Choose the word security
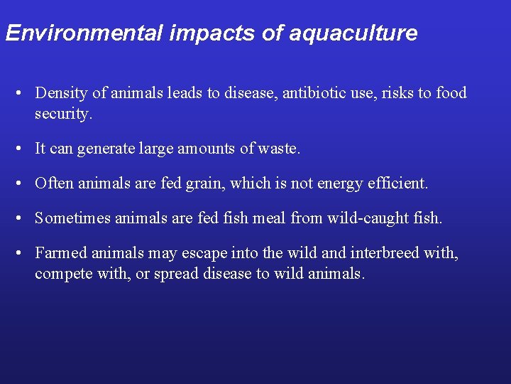click(x=63, y=113)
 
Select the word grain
click(x=206, y=183)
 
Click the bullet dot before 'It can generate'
click(x=23, y=149)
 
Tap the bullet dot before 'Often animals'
click(x=23, y=183)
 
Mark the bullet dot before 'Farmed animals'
click(x=23, y=253)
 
